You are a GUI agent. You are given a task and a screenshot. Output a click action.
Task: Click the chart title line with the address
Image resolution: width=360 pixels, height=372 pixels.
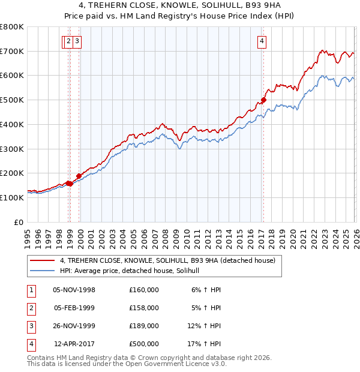pos(180,5)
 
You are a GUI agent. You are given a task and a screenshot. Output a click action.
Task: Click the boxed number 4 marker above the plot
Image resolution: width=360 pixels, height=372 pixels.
pos(262,41)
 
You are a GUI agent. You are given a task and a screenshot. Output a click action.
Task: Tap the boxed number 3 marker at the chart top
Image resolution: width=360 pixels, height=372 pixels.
pos(79,41)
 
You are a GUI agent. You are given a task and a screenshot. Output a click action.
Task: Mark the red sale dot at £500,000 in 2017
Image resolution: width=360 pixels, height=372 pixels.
pos(263,100)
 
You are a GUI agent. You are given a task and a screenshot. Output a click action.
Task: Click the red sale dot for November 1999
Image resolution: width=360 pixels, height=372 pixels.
pos(79,176)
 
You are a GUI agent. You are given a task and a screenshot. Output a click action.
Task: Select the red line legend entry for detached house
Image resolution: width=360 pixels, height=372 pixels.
pos(167,260)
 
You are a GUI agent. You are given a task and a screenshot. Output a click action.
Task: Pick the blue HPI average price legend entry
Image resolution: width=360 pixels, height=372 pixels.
pos(133,271)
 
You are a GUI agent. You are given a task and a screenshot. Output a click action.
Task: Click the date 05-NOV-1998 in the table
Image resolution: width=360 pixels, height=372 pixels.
pos(74,290)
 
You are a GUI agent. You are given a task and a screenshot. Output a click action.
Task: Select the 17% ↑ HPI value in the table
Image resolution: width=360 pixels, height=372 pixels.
pos(206,344)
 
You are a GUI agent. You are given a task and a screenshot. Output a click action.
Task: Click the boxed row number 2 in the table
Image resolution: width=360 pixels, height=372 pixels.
pos(31,308)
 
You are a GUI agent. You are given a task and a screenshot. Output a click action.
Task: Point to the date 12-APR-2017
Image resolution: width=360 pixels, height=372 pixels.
pos(74,344)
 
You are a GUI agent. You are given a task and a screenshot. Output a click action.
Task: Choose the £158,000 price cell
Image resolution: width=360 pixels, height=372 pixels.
pos(143,308)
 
